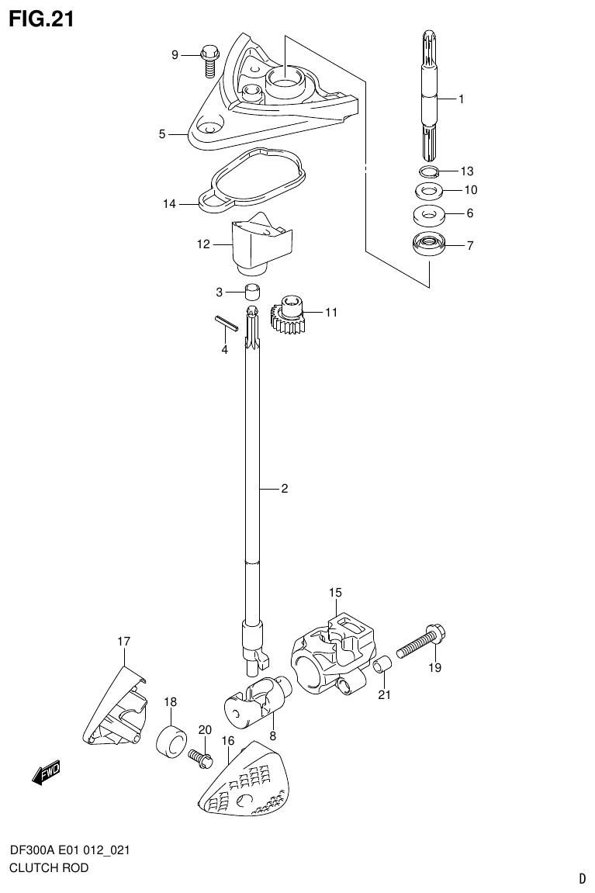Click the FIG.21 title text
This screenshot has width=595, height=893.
coord(41,19)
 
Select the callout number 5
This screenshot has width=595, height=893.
coord(162,134)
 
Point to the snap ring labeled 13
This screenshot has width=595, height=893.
coord(429,171)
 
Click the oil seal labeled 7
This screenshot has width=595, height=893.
coord(428,244)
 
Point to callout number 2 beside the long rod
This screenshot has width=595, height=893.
coord(284,489)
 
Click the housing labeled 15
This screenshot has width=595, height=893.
coord(332,656)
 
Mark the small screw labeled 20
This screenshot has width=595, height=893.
coord(200,756)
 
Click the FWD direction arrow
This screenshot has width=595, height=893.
coord(47,773)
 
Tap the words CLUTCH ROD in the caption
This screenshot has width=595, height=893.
coord(49,867)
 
